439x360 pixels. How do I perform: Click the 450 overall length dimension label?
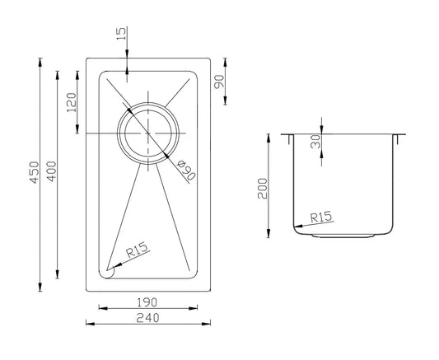(35, 172)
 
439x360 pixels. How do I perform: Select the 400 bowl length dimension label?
(52, 171)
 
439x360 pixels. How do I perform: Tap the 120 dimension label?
(72, 102)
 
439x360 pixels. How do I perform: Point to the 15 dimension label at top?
(122, 34)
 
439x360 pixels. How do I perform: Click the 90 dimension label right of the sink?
(219, 82)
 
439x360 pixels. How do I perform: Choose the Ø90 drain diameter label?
(186, 170)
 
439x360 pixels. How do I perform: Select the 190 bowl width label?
(147, 302)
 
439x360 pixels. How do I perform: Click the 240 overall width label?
(147, 318)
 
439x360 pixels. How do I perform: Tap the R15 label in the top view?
(137, 250)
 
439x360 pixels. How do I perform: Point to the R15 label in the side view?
(321, 217)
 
